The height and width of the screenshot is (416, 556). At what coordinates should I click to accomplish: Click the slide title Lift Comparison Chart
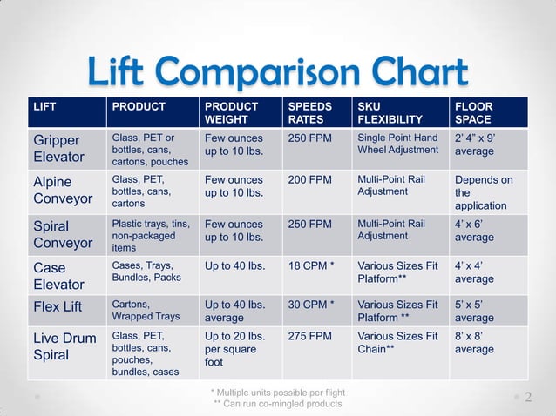click(277, 72)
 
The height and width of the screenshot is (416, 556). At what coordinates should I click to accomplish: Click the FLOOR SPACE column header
click(473, 112)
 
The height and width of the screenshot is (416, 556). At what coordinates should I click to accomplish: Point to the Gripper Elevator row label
click(58, 148)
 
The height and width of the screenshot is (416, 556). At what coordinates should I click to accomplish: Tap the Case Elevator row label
click(58, 276)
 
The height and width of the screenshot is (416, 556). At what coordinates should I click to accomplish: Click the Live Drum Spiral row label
click(64, 346)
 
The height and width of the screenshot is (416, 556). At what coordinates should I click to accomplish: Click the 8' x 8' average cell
click(474, 343)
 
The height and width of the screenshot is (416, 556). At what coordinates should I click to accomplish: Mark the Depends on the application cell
click(484, 192)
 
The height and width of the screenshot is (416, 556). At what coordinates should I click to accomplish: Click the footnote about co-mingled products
click(278, 404)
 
